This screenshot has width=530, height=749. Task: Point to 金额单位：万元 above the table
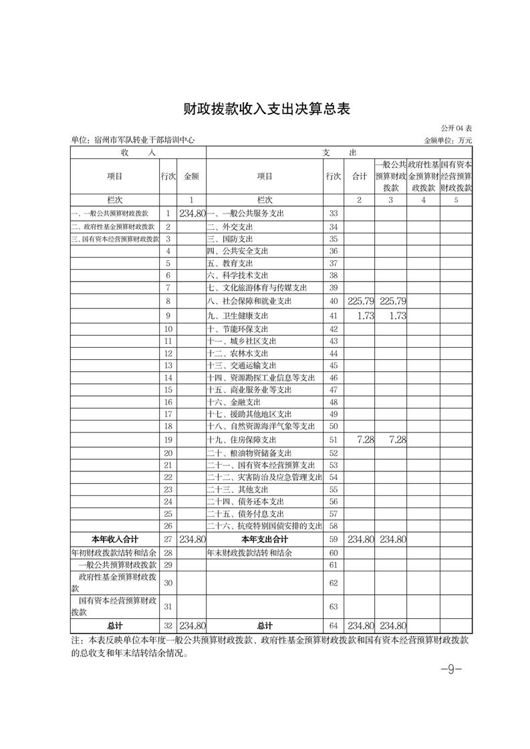pyautogui.click(x=448, y=140)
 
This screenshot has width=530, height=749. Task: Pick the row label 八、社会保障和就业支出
pyautogui.click(x=249, y=302)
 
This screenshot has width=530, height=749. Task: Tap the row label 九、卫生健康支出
pyautogui.click(x=237, y=316)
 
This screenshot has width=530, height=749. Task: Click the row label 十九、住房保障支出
pyautogui.click(x=241, y=441)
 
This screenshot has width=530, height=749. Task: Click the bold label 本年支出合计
pyautogui.click(x=265, y=539)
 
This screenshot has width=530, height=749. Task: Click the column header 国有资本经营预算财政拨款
pyautogui.click(x=456, y=176)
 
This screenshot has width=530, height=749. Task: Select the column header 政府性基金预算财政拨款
pyautogui.click(x=423, y=176)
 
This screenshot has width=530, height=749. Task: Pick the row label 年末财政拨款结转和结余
pyautogui.click(x=250, y=553)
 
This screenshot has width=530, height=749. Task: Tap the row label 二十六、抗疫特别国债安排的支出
pyautogui.click(x=265, y=526)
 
